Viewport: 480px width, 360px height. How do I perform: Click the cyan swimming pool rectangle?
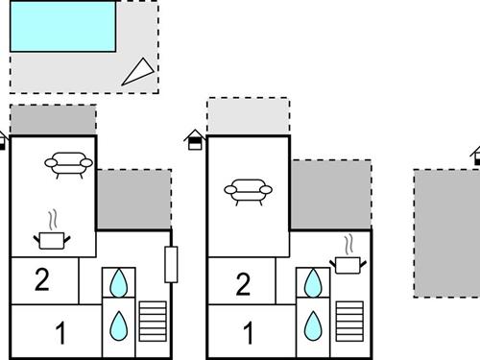(x=62, y=26)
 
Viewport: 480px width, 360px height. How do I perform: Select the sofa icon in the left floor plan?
(x=68, y=164)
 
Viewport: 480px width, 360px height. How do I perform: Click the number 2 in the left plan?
(x=41, y=280)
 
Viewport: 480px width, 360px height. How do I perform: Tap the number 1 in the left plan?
(x=61, y=335)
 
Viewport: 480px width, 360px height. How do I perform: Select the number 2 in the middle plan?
(x=243, y=284)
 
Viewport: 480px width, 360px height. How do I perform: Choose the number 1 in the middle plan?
(x=248, y=335)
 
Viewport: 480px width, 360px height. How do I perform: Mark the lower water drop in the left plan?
(x=119, y=324)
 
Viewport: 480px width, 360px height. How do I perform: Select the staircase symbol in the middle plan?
(x=348, y=321)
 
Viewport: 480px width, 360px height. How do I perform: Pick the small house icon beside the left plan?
(x=3, y=140)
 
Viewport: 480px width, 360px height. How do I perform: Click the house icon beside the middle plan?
(x=195, y=140)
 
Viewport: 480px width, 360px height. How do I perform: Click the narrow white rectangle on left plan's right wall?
(x=171, y=264)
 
